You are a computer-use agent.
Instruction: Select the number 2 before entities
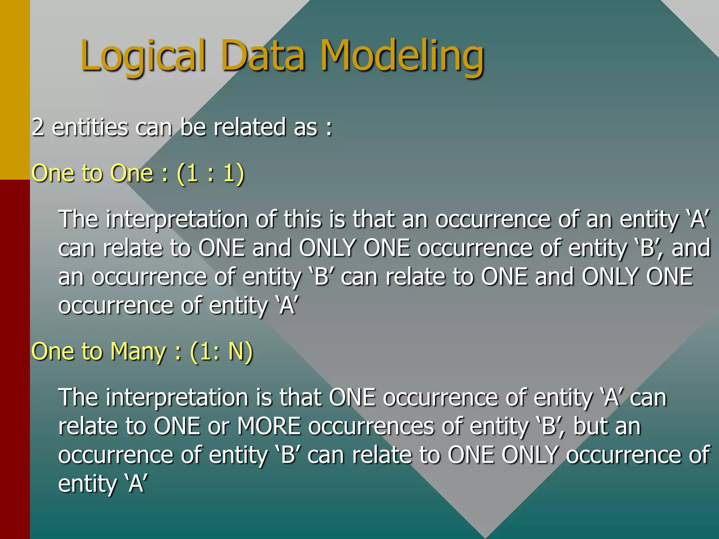(38, 127)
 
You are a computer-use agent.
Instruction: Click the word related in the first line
(250, 127)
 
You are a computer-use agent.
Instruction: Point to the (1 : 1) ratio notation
(210, 173)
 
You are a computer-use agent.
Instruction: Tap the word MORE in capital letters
(269, 426)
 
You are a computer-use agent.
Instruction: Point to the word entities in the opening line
(90, 127)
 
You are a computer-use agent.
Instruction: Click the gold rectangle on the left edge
(15, 89)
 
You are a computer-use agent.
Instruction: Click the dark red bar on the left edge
(15, 358)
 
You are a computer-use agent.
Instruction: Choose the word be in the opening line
(193, 127)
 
